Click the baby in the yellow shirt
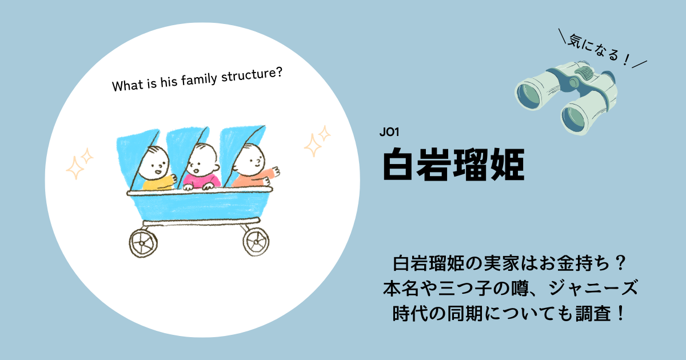point(156,169)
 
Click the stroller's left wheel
point(143,243)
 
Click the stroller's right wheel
point(256,242)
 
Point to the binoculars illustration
point(566,97)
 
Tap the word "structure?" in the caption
point(252,74)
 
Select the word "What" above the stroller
point(127,85)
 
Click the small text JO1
point(389,132)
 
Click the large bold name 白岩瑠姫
point(454,165)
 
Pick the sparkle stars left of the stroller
point(79,163)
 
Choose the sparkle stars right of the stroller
point(317,141)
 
